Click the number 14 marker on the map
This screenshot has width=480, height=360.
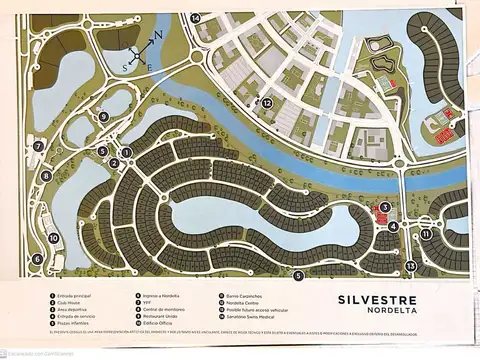coord(196,18)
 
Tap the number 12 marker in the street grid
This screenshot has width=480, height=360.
coord(267,103)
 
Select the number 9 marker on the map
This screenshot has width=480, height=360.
coord(103,117)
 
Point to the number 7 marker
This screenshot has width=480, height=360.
coord(38,146)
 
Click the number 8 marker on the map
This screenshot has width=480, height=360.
coord(46,176)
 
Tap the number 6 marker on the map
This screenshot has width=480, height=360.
coord(37,259)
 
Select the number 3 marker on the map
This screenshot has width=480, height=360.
coord(384,208)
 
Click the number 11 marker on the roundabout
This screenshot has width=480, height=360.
coord(425,234)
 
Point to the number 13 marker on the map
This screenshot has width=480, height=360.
coord(410,265)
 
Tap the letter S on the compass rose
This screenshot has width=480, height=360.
coord(124,67)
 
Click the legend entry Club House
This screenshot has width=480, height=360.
coord(73,304)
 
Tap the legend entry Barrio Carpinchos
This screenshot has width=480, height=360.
coord(244,296)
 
